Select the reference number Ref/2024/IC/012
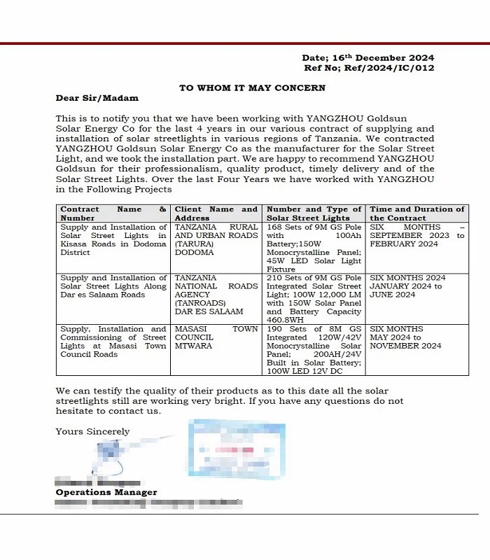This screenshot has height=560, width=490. [369, 68]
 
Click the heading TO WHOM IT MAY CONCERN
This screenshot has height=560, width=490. [252, 88]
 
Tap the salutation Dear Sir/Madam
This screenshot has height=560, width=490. [97, 98]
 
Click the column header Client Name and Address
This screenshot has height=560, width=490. [216, 213]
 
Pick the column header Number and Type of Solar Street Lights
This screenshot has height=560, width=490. [314, 213]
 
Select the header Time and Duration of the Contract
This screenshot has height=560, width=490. [416, 213]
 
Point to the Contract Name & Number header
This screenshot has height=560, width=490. [113, 213]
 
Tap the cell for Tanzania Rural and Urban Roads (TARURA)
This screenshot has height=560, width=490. [216, 240]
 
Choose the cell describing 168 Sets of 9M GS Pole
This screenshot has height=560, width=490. [314, 248]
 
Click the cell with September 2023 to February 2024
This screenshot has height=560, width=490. [416, 236]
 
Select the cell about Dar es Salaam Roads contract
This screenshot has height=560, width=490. [113, 286]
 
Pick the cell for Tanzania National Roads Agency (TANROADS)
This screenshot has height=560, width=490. [216, 295]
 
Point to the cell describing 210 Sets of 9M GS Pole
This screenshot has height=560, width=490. [314, 299]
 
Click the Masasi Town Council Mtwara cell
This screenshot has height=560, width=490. [216, 337]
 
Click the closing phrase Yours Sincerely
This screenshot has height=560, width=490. [92, 432]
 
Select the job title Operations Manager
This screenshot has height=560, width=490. [106, 493]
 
